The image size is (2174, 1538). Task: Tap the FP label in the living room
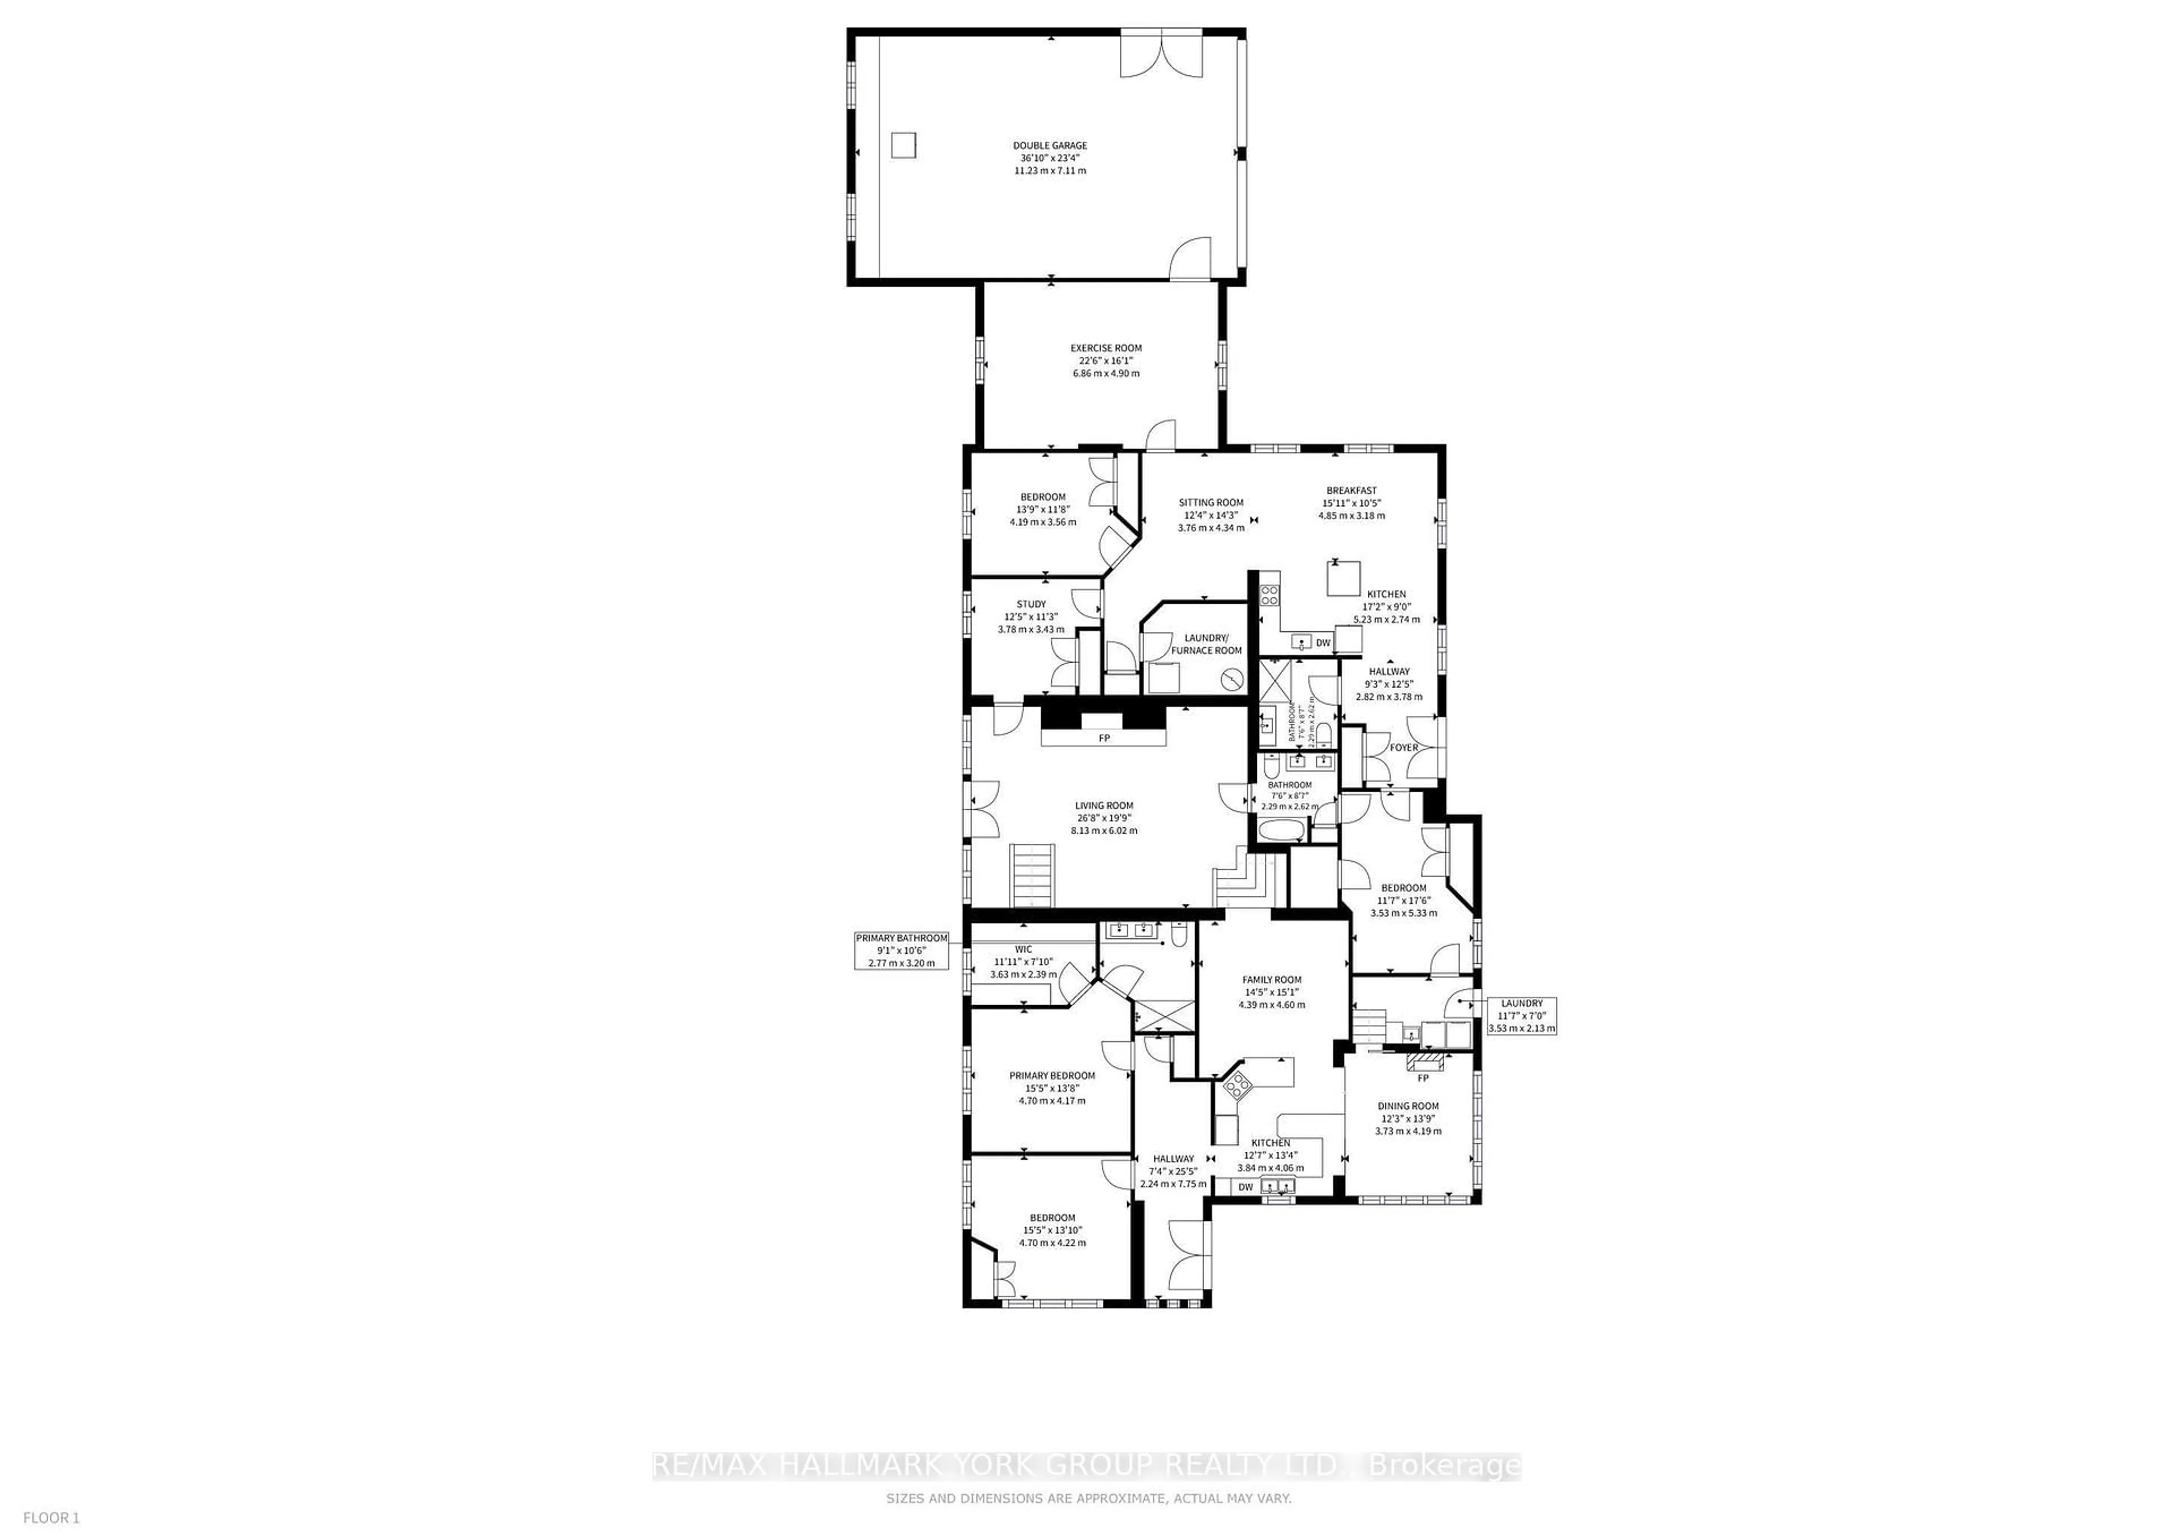[1104, 738]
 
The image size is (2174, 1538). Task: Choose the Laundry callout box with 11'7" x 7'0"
[1522, 1015]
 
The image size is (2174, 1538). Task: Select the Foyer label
[1403, 748]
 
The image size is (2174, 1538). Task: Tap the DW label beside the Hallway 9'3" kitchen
[1323, 643]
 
